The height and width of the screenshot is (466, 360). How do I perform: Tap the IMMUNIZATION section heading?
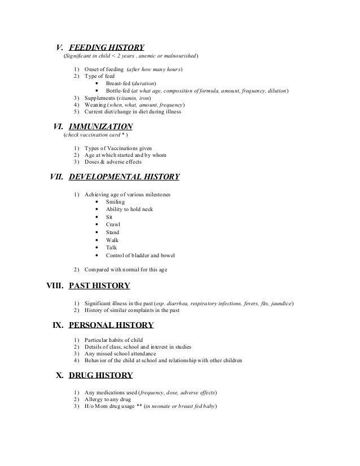click(x=100, y=126)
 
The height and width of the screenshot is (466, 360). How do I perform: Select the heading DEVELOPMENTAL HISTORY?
click(x=124, y=177)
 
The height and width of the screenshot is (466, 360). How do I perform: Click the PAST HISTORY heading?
click(x=99, y=285)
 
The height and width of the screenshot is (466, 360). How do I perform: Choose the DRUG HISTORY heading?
click(x=100, y=375)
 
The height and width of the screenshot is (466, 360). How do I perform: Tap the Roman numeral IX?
click(x=58, y=325)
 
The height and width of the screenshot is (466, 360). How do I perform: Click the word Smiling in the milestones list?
click(x=116, y=202)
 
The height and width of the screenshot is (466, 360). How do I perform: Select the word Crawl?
click(x=113, y=225)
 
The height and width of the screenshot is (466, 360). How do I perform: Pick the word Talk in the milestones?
click(x=111, y=247)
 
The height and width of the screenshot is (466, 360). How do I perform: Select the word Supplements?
click(x=100, y=98)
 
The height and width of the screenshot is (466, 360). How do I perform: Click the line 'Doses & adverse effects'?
click(x=115, y=162)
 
